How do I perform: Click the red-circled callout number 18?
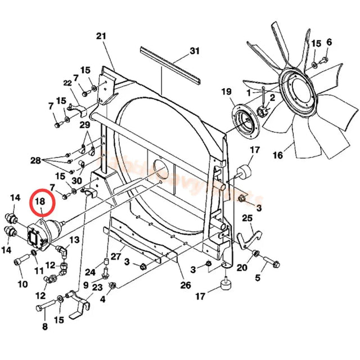40,201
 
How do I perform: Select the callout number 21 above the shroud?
101,37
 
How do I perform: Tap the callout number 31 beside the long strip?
194,51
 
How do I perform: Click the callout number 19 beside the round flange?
226,92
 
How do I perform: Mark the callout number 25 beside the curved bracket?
247,218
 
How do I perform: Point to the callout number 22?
67,83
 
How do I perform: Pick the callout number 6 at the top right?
329,42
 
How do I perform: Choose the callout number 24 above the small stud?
91,272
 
